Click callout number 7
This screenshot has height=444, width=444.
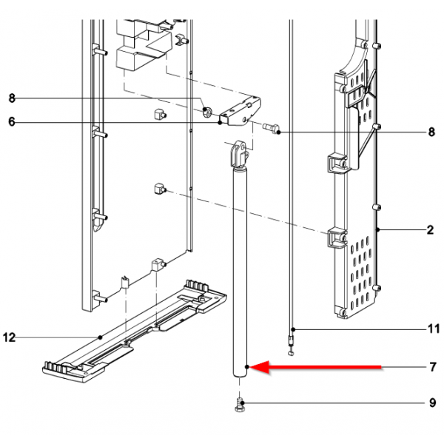(x=433, y=367)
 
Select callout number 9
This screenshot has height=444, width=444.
(x=433, y=403)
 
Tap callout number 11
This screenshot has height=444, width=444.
(x=433, y=328)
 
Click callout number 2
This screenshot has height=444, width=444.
(x=431, y=231)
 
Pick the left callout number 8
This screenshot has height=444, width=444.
(x=11, y=98)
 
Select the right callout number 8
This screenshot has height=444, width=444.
(x=431, y=133)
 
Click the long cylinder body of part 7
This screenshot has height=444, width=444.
(x=239, y=274)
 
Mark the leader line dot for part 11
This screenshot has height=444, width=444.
(x=293, y=328)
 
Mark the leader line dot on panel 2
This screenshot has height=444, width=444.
(x=377, y=231)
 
